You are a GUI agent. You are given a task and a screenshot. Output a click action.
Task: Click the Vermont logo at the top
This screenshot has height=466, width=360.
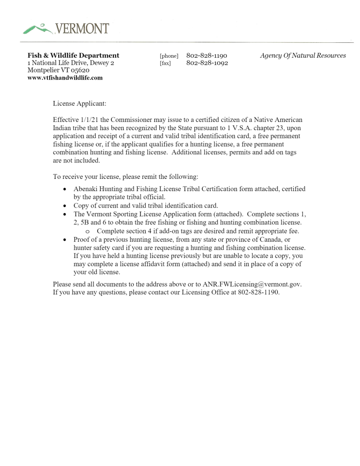pyautogui.click(x=66, y=29)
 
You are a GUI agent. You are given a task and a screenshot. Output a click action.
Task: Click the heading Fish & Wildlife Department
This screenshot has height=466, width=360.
pyautogui.click(x=73, y=56)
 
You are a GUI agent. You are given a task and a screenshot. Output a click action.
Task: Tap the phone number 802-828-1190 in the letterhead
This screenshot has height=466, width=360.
pyautogui.click(x=207, y=56)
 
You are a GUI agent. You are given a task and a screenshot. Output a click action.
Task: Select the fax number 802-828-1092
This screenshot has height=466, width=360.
pyautogui.click(x=207, y=63)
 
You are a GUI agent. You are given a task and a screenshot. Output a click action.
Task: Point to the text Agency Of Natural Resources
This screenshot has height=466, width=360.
pyautogui.click(x=303, y=56)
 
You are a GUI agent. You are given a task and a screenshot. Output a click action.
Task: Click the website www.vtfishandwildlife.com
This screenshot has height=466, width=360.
pyautogui.click(x=65, y=78)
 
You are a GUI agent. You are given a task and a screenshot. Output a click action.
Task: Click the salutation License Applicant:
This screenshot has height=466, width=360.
pyautogui.click(x=80, y=103)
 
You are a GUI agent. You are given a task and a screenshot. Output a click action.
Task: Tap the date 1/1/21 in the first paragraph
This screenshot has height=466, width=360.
pyautogui.click(x=88, y=120)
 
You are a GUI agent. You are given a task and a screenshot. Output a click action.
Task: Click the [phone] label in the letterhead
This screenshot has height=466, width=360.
pyautogui.click(x=169, y=56)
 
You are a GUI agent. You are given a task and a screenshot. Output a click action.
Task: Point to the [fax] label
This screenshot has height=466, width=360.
pyautogui.click(x=165, y=63)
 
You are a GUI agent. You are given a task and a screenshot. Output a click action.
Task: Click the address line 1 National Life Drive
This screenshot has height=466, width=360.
pyautogui.click(x=71, y=63)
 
